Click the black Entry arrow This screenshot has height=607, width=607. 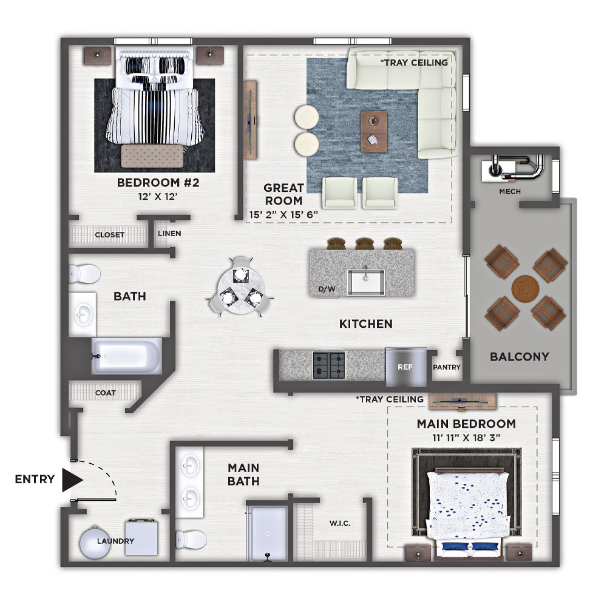tap(72, 480)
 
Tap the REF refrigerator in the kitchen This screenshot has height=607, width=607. tap(406, 367)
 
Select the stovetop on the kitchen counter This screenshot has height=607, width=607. tap(329, 365)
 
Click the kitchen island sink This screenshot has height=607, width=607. tap(366, 282)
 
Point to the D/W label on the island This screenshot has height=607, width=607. tap(327, 289)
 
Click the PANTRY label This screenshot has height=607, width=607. tap(447, 367)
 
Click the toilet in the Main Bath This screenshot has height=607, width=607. tap(191, 540)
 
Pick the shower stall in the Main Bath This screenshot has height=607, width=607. tap(267, 533)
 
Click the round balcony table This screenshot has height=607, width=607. tap(525, 288)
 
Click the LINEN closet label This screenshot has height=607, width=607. tap(169, 234)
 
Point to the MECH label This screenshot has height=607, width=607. tap(510, 191)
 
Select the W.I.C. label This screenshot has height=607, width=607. tap(340, 523)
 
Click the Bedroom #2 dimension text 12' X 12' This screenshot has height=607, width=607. tap(158, 197)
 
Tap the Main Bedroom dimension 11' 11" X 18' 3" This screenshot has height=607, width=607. tap(466, 438)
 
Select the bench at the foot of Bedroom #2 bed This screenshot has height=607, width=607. tap(152, 156)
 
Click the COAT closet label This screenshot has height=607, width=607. tap(105, 393)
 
